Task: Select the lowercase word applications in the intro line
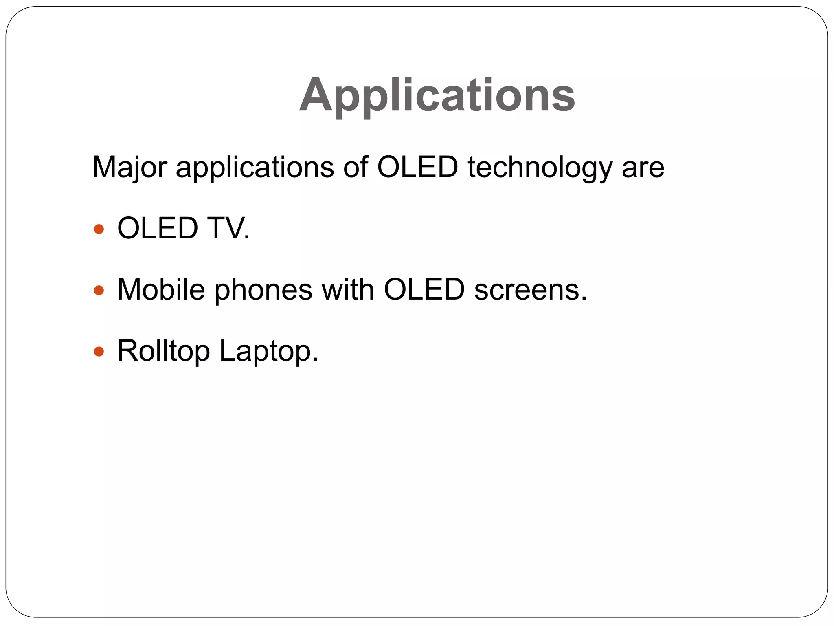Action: [x=255, y=167]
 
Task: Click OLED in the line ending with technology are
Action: [x=417, y=167]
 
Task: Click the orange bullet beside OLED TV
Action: [x=99, y=229]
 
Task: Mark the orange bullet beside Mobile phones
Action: [x=99, y=290]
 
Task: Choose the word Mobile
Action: [x=161, y=290]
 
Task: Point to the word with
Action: [x=347, y=290]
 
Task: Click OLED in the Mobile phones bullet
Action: [x=424, y=290]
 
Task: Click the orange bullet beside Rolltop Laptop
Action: [x=99, y=351]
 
